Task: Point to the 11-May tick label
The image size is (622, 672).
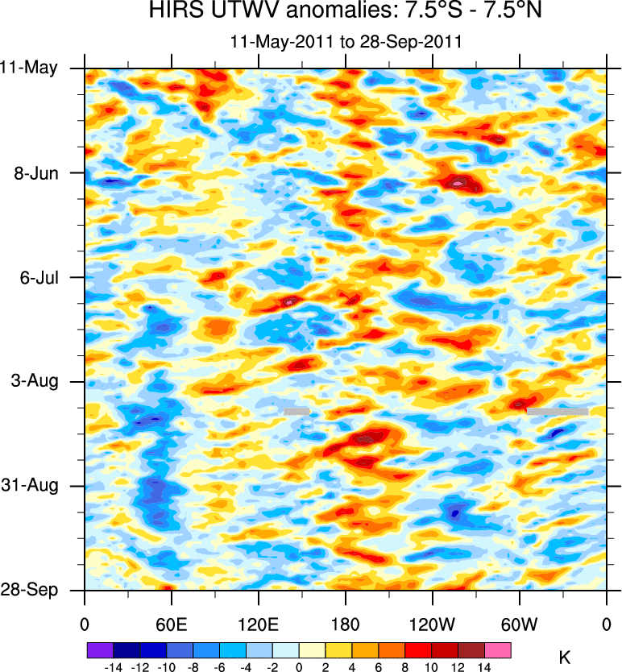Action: [x=29, y=68]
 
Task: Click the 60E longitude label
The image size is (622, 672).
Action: [x=172, y=624]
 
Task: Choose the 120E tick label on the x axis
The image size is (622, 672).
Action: [x=258, y=624]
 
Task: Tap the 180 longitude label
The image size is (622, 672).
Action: [x=345, y=624]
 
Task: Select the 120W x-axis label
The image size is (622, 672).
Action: [x=432, y=624]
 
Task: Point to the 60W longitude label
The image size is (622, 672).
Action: [x=519, y=624]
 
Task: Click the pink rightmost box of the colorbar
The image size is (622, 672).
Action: [x=498, y=649]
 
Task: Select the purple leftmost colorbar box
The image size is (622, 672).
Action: [x=100, y=649]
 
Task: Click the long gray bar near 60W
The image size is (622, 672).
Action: [x=558, y=411]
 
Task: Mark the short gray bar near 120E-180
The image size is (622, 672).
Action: [x=296, y=411]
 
